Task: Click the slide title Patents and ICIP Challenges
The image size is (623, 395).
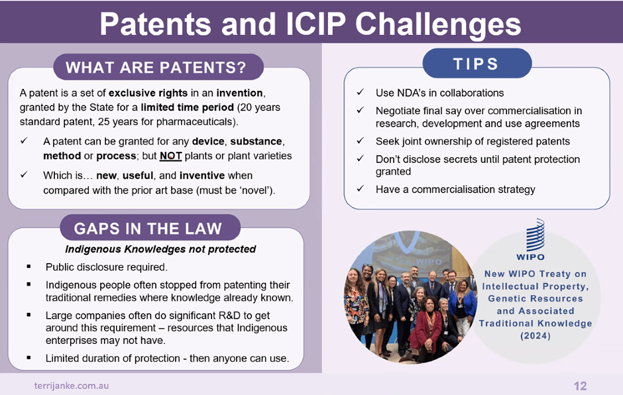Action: point(310,24)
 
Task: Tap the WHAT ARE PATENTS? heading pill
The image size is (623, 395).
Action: point(158,67)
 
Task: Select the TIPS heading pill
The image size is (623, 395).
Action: point(477,64)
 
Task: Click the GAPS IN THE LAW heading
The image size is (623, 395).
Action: point(150,228)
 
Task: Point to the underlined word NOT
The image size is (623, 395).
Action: point(170,156)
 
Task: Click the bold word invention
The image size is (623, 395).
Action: point(239,93)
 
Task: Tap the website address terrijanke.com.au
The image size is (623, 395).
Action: point(72,386)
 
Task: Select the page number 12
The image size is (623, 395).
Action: point(580,386)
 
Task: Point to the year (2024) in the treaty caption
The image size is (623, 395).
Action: point(536,336)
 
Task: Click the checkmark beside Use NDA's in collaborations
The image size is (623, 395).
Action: point(361,92)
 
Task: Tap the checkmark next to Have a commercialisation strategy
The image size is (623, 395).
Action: point(361,189)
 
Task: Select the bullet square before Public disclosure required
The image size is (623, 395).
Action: point(28,266)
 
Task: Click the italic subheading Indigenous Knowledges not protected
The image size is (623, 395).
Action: point(160,249)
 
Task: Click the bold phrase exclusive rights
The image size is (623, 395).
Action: point(148,93)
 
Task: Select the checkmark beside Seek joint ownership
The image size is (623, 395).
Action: point(361,141)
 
